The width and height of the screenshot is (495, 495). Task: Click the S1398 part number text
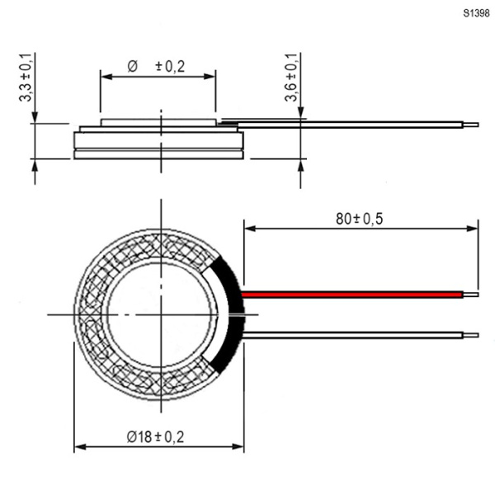click(476, 13)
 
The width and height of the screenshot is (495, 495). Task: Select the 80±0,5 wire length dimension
click(359, 219)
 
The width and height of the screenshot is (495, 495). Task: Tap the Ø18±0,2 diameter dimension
click(155, 437)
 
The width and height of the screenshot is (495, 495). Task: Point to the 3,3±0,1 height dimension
click(26, 78)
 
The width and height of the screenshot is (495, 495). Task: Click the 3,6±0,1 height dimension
click(290, 78)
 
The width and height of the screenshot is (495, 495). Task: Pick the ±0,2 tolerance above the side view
click(170, 66)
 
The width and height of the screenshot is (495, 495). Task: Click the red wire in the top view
click(352, 295)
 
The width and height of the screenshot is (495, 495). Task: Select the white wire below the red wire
click(353, 335)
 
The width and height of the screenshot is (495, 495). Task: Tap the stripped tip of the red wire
click(471, 295)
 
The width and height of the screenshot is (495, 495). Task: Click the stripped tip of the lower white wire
click(471, 335)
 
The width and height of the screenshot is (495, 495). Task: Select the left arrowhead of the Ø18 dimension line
click(80, 446)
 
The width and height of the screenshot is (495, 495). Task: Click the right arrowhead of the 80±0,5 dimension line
click(473, 229)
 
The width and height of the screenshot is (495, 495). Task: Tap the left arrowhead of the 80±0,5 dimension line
click(250, 229)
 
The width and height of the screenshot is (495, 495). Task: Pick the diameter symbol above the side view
click(133, 67)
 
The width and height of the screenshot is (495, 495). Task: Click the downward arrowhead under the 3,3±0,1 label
click(35, 117)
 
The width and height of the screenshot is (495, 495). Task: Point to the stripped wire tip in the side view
click(471, 125)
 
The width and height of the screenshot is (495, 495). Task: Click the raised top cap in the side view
click(158, 122)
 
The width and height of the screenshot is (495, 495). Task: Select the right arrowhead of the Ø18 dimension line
click(238, 446)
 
